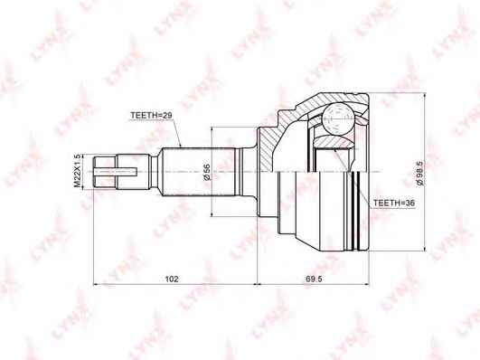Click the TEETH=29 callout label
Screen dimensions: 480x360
tap(151, 116)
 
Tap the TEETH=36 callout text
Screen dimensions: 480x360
tap(394, 203)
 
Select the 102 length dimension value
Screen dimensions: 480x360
tap(172, 279)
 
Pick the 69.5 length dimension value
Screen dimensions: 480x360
tap(314, 279)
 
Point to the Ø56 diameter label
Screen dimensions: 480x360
tap(207, 172)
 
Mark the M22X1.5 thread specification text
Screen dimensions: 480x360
tap(78, 171)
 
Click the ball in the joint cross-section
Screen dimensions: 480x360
tap(337, 119)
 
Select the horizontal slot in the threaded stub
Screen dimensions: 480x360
tap(115, 172)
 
